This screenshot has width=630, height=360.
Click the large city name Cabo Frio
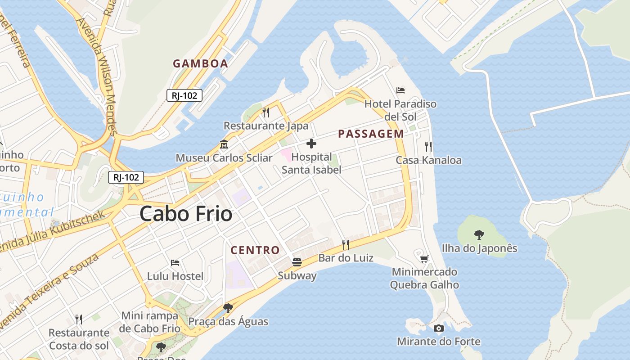click(x=186, y=214)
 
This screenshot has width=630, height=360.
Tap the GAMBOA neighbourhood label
click(x=200, y=63)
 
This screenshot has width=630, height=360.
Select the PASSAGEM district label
click(x=371, y=134)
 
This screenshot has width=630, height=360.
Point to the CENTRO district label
click(x=255, y=250)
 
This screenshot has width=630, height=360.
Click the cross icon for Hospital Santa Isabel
click(x=311, y=144)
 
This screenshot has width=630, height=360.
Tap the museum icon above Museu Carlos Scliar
click(x=224, y=144)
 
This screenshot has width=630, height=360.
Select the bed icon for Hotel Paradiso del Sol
click(x=400, y=90)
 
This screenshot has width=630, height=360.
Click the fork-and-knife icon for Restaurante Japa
click(x=266, y=112)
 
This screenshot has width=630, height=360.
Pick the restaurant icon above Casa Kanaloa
click(x=428, y=146)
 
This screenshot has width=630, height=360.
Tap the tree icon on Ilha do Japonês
click(x=479, y=234)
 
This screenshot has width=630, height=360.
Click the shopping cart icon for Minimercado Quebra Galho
click(x=424, y=258)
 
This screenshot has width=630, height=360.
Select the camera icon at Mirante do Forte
click(x=439, y=328)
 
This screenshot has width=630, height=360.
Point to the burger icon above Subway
click(x=297, y=262)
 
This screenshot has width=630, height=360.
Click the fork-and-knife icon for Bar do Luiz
click(x=346, y=244)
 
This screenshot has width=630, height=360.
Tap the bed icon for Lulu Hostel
click(x=175, y=262)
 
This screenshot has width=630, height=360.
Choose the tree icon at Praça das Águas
click(x=228, y=308)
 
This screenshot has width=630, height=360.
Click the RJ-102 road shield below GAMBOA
click(x=184, y=95)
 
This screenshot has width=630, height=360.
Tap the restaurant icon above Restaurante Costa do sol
click(x=79, y=319)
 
